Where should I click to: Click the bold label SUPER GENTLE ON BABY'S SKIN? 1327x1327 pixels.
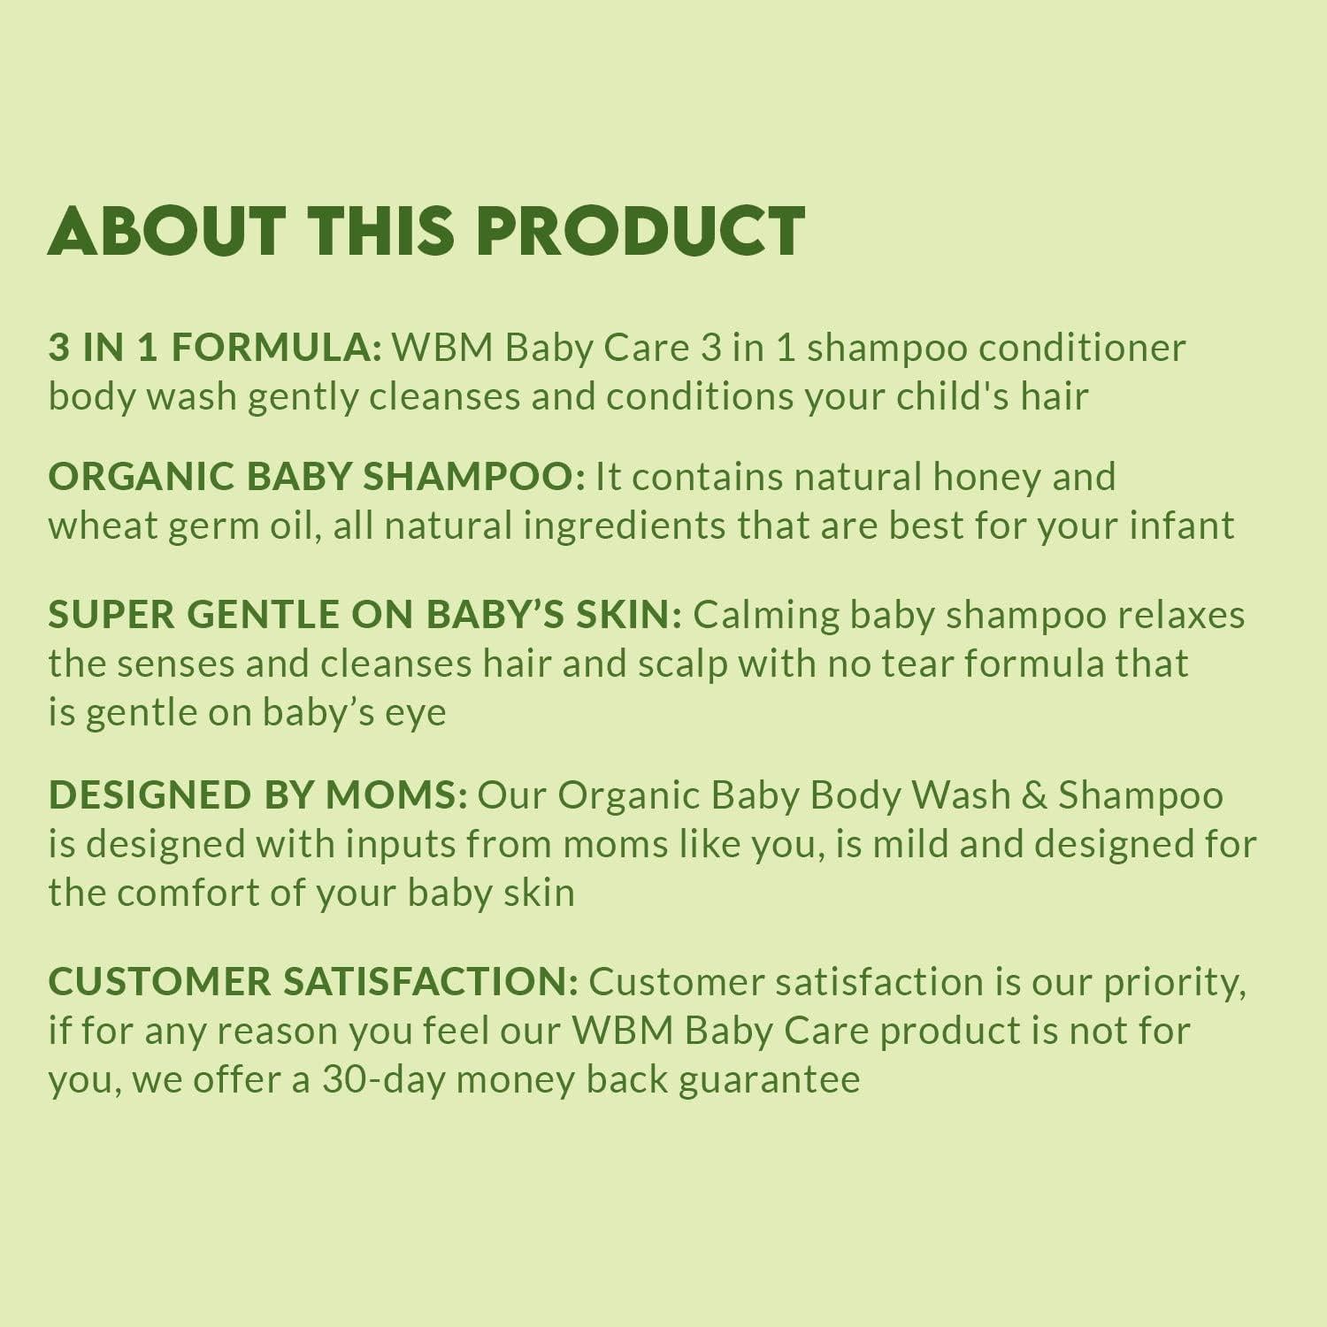click(364, 615)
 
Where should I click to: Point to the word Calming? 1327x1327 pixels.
click(766, 615)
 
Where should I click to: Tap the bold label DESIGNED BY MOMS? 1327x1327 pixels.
click(257, 795)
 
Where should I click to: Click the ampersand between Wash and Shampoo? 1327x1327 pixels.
click(1034, 795)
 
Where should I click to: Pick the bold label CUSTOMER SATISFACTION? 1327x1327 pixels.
click(313, 982)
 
